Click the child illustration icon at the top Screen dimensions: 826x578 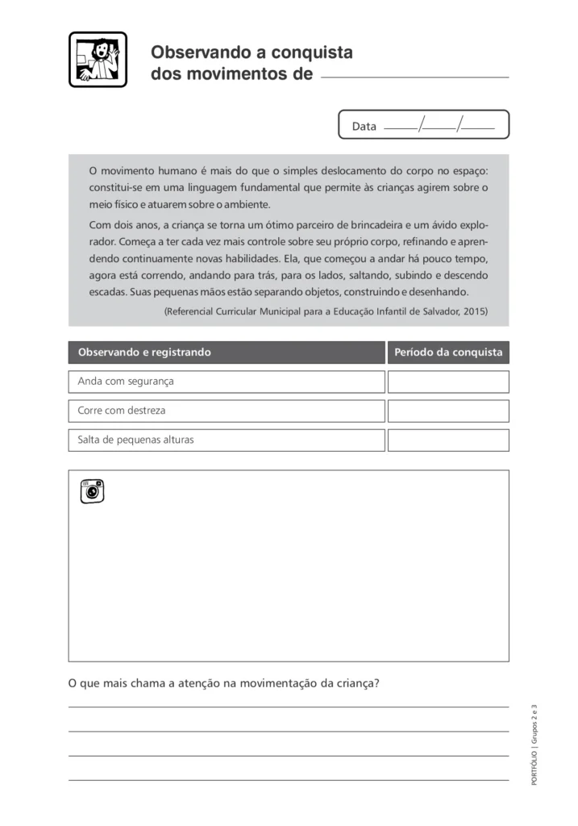(98, 59)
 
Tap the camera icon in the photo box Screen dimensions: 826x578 (92, 490)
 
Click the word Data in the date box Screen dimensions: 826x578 (364, 127)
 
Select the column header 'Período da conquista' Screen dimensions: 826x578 (448, 353)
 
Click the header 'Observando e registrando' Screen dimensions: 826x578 (144, 353)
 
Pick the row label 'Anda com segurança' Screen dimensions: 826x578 (126, 382)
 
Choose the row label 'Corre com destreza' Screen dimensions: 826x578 (122, 411)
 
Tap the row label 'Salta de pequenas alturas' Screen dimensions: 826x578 (135, 440)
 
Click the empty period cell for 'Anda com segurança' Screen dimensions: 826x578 (448, 382)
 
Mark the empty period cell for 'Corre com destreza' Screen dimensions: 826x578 (448, 411)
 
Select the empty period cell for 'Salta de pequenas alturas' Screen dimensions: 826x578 (448, 440)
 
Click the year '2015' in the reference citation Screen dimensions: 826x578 (474, 311)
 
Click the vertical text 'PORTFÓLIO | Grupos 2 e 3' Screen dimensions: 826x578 (534, 745)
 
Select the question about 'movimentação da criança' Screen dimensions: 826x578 (224, 683)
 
